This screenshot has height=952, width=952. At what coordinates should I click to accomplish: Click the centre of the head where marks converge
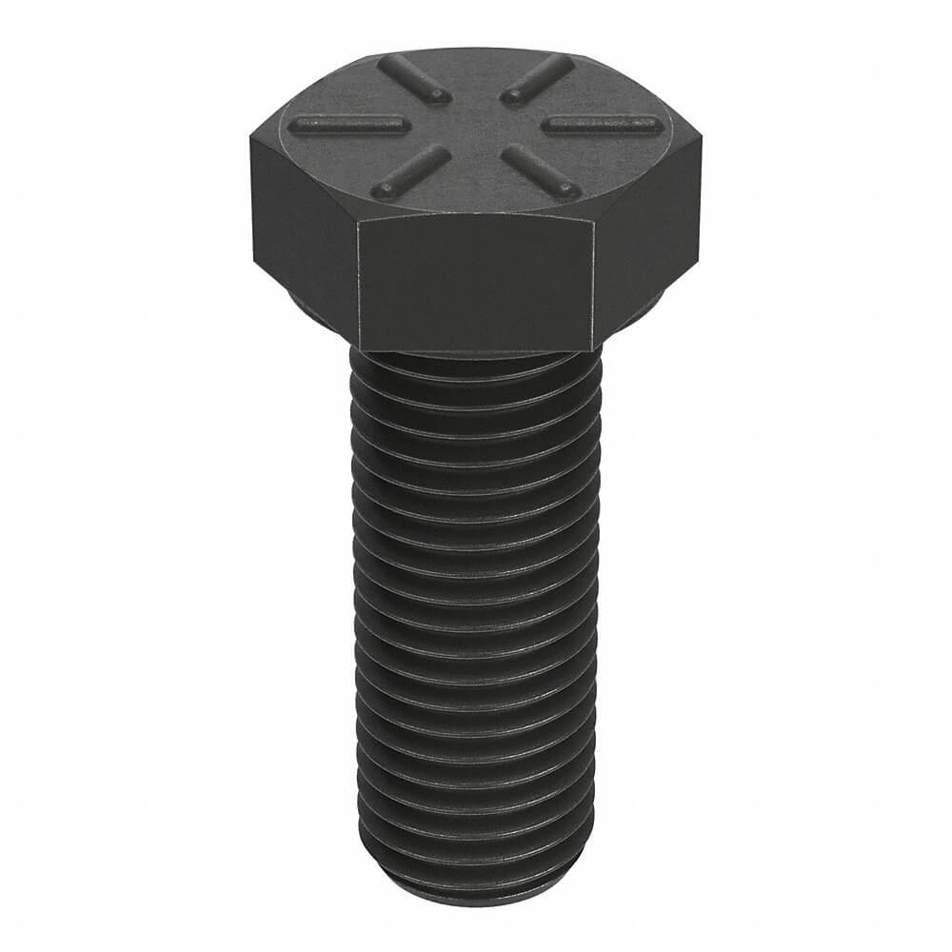[x=473, y=124]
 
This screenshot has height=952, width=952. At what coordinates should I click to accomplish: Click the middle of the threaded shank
[x=473, y=619]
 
